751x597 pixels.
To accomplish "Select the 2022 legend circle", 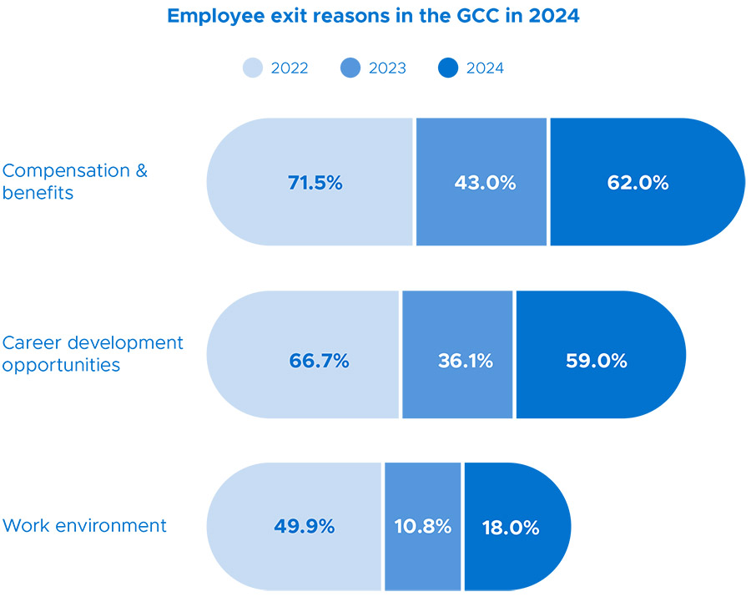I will pos(253,68).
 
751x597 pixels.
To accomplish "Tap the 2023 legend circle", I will pos(350,68).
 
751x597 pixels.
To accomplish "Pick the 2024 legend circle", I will pos(448,68).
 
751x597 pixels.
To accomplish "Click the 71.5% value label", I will pos(315,183).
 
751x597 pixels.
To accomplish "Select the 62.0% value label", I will pos(638,183).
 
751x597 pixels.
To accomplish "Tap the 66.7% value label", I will pos(319,361).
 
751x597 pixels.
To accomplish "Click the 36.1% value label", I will pos(465,361).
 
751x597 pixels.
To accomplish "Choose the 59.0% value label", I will pos(596,361).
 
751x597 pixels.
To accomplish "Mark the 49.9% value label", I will pos(304,527).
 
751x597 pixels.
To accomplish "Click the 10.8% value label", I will pos(423,527).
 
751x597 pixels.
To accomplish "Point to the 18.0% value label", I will pos(510,528).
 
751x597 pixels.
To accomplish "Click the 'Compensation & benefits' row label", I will pos(74,181).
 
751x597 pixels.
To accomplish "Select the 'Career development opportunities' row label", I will pos(93,354).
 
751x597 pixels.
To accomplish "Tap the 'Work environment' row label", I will pos(84,526).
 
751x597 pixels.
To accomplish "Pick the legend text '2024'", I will pos(485,68).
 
